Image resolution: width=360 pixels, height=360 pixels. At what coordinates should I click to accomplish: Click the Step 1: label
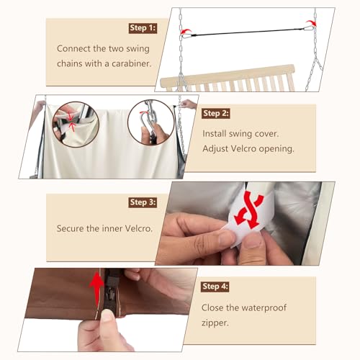(x=143, y=28)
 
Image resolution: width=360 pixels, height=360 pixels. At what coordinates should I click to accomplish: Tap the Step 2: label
(x=216, y=113)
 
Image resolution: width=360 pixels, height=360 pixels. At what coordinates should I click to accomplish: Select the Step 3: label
(x=143, y=202)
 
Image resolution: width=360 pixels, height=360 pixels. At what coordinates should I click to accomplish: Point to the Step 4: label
(x=215, y=287)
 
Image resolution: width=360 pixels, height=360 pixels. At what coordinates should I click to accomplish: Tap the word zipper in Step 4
(x=215, y=323)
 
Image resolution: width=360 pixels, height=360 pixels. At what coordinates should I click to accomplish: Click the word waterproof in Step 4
(x=263, y=308)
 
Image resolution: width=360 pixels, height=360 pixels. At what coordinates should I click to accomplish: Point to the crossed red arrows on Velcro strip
(x=249, y=210)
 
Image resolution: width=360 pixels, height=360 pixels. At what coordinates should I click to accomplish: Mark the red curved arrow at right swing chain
(x=311, y=23)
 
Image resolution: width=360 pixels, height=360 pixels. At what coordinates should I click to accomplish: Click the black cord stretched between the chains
(x=247, y=32)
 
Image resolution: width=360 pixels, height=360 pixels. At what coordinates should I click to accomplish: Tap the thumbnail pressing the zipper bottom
(x=107, y=315)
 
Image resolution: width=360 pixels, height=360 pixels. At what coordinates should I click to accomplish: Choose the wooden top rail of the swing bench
(x=228, y=74)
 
